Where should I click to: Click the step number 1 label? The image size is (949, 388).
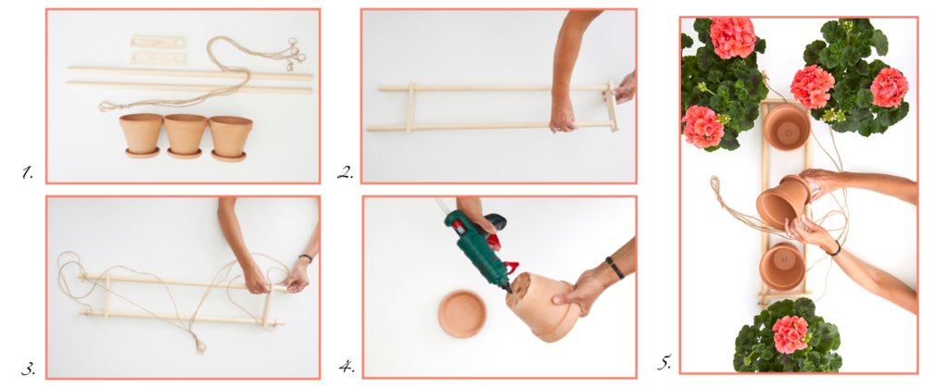point(27,174)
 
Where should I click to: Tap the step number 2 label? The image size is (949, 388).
point(345,174)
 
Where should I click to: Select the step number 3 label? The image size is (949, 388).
point(28,368)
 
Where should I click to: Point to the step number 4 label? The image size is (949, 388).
point(347,367)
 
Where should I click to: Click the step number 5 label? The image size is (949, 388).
point(664,364)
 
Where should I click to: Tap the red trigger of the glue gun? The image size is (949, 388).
point(510,268)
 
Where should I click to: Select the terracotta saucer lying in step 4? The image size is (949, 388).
point(462,313)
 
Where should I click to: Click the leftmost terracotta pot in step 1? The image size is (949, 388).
point(142,135)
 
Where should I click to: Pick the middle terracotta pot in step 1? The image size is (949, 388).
point(185,136)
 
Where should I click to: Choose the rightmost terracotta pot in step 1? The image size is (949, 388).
point(231,138)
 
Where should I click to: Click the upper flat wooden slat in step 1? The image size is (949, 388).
point(158,43)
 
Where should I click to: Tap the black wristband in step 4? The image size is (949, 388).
point(615,268)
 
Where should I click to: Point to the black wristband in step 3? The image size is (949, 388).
point(306,258)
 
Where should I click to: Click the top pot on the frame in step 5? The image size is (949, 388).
point(786,126)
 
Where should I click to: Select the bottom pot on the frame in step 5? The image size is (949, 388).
point(782,267)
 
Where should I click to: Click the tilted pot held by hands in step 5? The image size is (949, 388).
point(783,202)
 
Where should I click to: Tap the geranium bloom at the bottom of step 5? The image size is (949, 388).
point(790,334)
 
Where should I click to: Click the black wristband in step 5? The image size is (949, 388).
point(836,248)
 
